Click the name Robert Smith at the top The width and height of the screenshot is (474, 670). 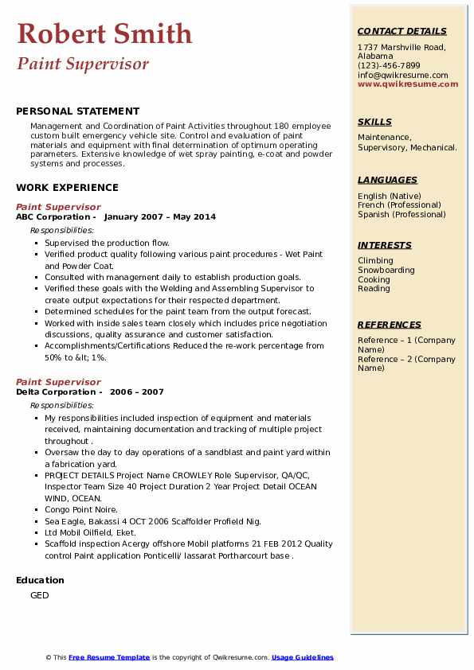[x=104, y=33]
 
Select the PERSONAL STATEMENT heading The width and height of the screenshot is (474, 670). [x=77, y=111]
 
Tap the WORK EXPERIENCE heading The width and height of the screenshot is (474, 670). [x=67, y=188]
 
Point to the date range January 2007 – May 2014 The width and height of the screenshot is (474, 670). [x=159, y=216]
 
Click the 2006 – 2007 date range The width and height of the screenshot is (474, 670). [x=136, y=391]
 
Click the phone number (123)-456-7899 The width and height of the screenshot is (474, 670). [x=389, y=66]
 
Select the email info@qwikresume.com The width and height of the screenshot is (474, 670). [x=402, y=75]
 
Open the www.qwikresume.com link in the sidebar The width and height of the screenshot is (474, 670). [x=403, y=84]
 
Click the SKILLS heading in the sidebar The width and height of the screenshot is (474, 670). [x=374, y=122]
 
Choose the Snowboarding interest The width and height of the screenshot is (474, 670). [x=386, y=271]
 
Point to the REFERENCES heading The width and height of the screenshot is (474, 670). [x=390, y=325]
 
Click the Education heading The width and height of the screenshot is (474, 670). [x=41, y=580]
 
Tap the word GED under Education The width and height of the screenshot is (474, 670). [x=39, y=595]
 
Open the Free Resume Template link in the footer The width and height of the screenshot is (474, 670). [x=109, y=657]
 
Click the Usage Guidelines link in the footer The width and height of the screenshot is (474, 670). [x=302, y=657]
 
